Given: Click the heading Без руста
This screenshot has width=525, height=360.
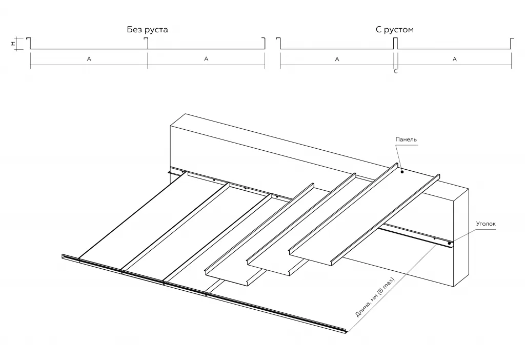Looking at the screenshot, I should pyautogui.click(x=148, y=30).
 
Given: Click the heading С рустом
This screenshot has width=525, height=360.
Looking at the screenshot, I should pyautogui.click(x=394, y=30).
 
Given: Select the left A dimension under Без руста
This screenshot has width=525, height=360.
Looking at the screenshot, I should pyautogui.click(x=89, y=59).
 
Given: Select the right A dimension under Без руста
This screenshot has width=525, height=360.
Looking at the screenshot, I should pyautogui.click(x=206, y=59).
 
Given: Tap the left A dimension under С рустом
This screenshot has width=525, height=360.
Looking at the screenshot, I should pyautogui.click(x=337, y=59).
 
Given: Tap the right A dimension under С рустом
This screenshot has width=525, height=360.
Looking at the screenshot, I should pyautogui.click(x=454, y=59).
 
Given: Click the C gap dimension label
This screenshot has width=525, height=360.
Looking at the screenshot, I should pyautogui.click(x=395, y=72).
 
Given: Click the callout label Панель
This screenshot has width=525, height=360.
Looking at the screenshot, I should pyautogui.click(x=406, y=139).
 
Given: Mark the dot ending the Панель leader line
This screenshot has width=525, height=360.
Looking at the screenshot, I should pyautogui.click(x=402, y=172).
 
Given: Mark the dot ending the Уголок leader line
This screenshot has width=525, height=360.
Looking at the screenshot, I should pyautogui.click(x=450, y=243).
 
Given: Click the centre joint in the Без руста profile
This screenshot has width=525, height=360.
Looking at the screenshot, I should pyautogui.click(x=148, y=44).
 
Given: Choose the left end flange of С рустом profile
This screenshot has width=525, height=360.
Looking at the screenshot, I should pyautogui.click(x=278, y=44).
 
